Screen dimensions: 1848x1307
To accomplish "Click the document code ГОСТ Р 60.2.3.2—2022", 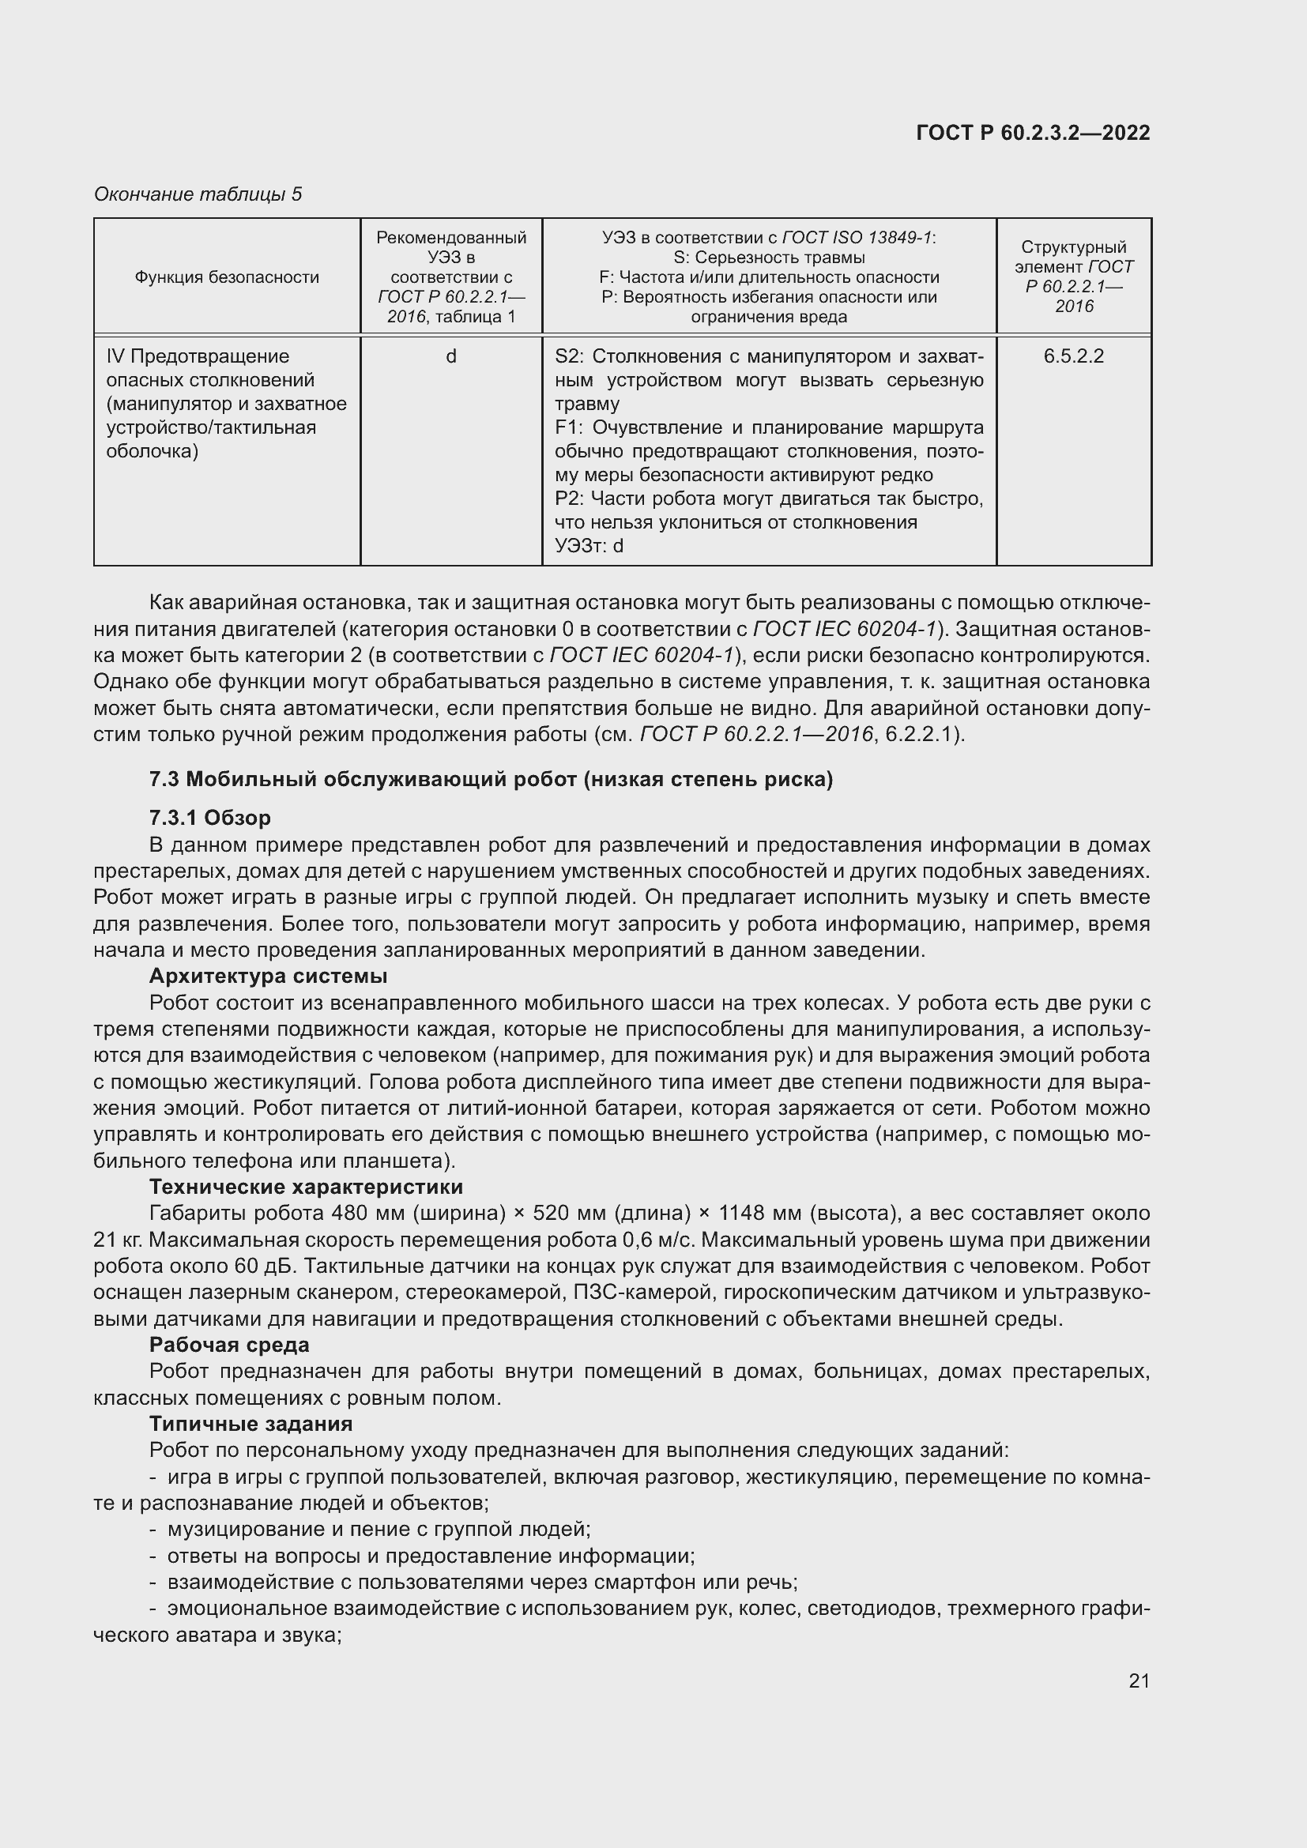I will click(x=1033, y=134).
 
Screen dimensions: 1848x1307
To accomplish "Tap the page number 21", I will click(x=1139, y=1681).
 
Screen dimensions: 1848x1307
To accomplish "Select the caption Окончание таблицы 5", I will click(x=198, y=194).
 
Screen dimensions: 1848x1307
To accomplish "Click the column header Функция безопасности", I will click(x=227, y=277).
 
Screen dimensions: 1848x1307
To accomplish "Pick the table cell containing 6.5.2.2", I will click(x=1074, y=356).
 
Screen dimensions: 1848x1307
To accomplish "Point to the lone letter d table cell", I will click(x=451, y=356).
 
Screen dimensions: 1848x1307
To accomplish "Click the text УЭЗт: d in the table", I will click(x=589, y=547).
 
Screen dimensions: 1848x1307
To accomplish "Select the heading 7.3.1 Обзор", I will click(x=210, y=819).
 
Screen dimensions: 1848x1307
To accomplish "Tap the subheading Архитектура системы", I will click(x=268, y=977).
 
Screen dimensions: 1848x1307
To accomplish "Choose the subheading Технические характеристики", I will click(x=306, y=1187).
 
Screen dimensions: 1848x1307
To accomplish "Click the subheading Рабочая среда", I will click(x=229, y=1345).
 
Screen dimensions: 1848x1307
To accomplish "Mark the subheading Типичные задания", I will click(x=251, y=1424).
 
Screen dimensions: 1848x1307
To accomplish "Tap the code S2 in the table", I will click(x=568, y=356).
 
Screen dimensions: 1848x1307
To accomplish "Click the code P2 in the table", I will click(x=568, y=499).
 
